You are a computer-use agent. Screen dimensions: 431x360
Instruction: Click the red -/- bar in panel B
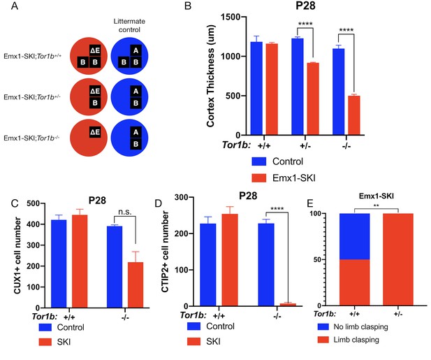[354, 115]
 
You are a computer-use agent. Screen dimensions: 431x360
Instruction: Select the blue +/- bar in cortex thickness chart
[298, 87]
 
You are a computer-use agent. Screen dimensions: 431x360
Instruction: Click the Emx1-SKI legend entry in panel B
[284, 178]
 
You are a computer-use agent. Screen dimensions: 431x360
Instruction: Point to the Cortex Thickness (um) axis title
[210, 76]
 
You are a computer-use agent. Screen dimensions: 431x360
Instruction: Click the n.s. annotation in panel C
[125, 212]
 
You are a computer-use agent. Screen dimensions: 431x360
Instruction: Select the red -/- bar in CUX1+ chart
[136, 285]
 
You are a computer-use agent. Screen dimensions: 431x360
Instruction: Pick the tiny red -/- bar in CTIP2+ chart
[288, 305]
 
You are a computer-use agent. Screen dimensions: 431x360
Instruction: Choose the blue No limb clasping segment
[355, 236]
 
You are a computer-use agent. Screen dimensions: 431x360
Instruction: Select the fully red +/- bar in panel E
[398, 259]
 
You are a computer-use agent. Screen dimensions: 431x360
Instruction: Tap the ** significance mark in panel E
[377, 206]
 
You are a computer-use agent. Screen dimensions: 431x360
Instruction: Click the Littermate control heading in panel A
[129, 25]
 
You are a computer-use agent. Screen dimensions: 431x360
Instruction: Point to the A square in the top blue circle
[136, 50]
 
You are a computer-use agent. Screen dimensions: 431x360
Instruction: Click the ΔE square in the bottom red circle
[95, 132]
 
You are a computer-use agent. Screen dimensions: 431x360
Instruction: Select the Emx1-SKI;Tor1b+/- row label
[32, 96]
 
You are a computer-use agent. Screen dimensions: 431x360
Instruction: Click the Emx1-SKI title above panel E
[377, 196]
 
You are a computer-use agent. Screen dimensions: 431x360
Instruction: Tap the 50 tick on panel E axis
[319, 259]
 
